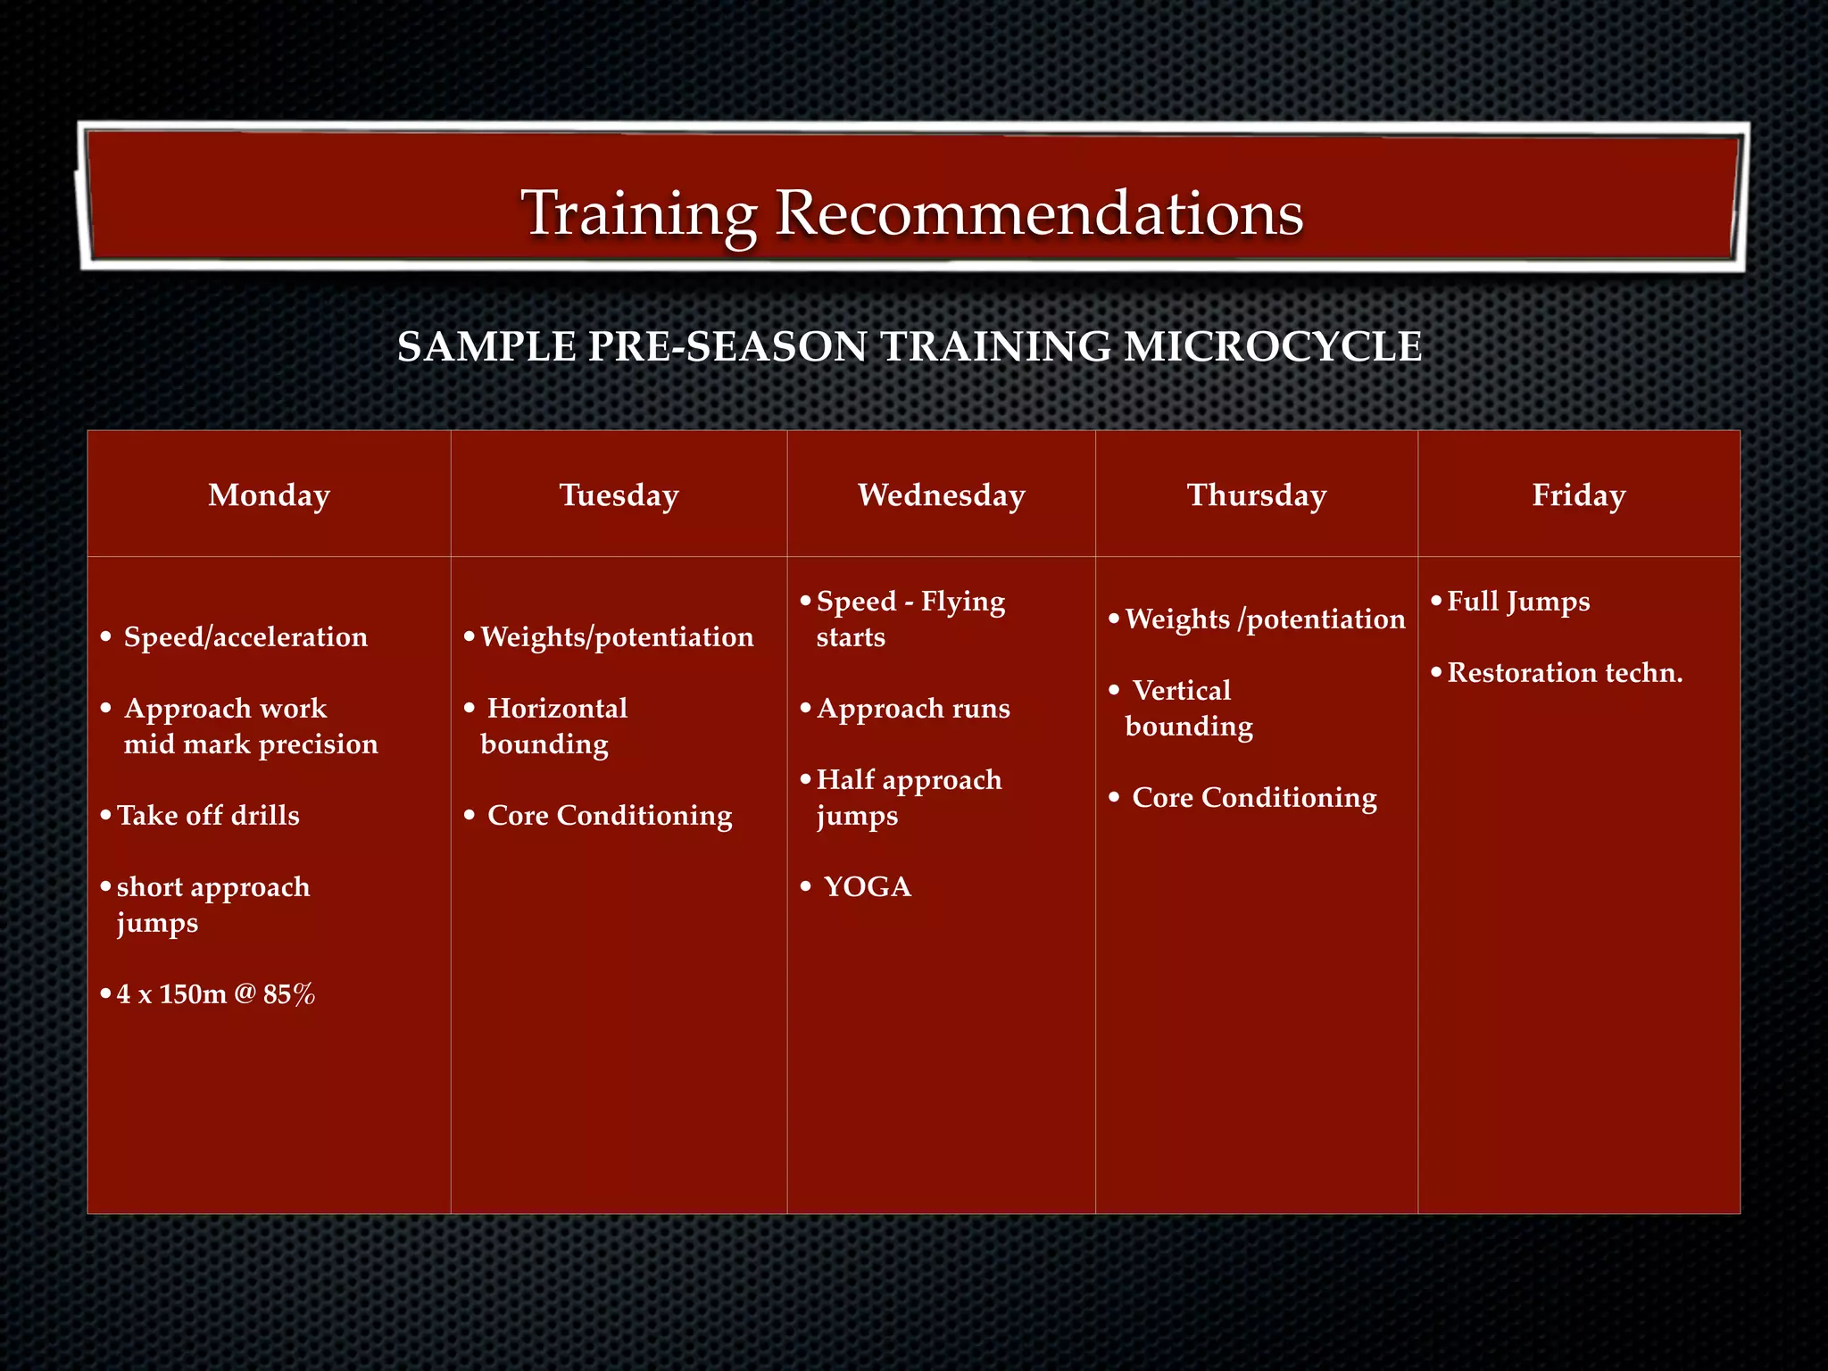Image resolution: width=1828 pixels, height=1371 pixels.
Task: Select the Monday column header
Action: click(269, 494)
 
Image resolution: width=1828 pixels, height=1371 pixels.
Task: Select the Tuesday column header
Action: click(619, 494)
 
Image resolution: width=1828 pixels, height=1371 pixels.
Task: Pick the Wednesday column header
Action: click(941, 494)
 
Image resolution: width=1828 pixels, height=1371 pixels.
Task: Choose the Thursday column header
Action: click(1256, 494)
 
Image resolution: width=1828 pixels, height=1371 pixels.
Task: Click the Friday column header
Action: click(1578, 494)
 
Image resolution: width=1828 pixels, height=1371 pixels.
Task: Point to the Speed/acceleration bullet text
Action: click(245, 636)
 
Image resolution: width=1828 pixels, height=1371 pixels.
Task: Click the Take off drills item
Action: click(208, 815)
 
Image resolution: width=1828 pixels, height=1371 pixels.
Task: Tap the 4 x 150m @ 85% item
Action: click(215, 993)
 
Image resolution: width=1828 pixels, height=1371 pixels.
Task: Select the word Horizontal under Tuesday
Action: click(557, 708)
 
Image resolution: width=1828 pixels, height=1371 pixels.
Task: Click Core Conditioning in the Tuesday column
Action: click(610, 815)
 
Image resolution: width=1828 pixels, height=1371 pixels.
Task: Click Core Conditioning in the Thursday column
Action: click(1254, 797)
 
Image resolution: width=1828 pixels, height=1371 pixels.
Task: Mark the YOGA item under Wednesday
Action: click(867, 886)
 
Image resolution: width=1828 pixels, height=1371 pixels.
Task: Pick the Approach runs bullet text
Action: click(913, 708)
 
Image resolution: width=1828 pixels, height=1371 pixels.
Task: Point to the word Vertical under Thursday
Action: click(1181, 690)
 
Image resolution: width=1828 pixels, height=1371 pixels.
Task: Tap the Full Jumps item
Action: click(1517, 601)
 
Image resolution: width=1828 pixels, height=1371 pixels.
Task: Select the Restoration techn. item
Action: click(1564, 672)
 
